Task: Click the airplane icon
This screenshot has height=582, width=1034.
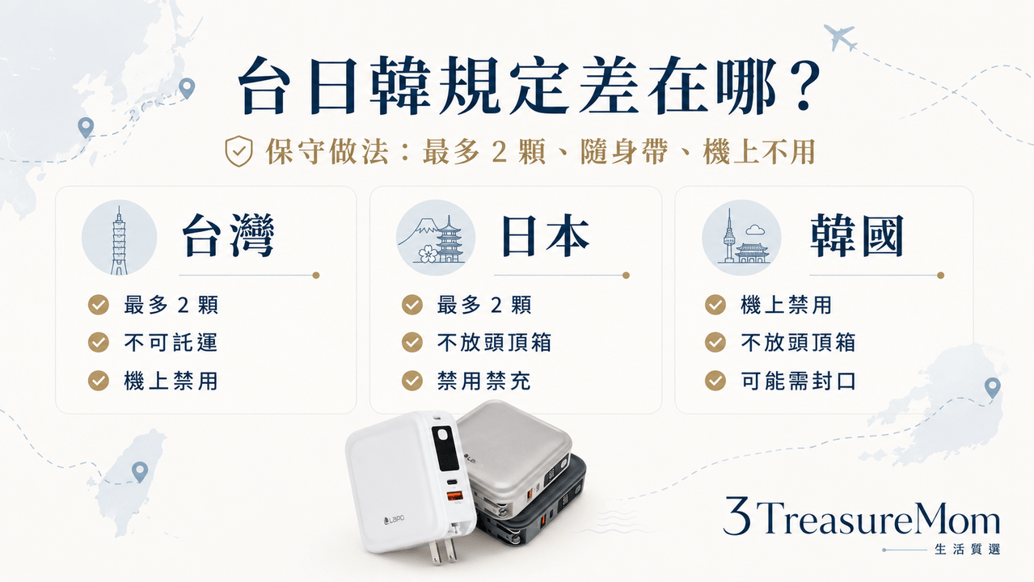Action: (841, 37)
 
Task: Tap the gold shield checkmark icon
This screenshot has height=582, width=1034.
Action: (238, 151)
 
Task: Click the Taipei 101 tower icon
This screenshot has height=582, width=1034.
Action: (119, 240)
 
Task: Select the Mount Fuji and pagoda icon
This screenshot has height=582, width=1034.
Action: (436, 238)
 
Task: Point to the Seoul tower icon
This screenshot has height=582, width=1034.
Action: (742, 238)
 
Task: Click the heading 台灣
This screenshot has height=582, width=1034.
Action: (229, 236)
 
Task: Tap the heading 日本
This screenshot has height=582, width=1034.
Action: (546, 236)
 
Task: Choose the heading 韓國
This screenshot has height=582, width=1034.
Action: (857, 236)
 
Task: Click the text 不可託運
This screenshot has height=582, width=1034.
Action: (171, 343)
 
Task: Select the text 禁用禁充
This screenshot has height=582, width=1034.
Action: (484, 382)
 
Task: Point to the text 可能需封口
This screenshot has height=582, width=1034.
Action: (799, 382)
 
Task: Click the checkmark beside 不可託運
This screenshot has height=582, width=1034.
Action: (99, 343)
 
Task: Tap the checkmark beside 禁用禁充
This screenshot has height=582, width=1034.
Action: (412, 381)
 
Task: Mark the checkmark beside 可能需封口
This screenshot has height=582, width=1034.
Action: (715, 381)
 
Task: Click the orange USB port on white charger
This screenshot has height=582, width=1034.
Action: (454, 496)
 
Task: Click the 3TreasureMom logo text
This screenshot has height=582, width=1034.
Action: (861, 517)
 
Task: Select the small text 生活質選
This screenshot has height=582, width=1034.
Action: (968, 549)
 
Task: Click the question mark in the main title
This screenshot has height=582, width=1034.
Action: (803, 87)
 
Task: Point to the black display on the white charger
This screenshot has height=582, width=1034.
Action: (445, 448)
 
